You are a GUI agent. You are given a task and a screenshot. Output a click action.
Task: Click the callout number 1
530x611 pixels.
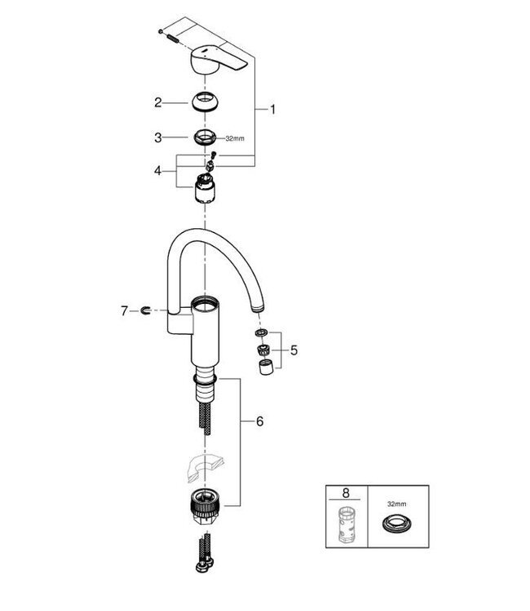pyautogui.click(x=274, y=108)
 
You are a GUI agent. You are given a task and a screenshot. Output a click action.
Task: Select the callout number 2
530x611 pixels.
pyautogui.click(x=160, y=103)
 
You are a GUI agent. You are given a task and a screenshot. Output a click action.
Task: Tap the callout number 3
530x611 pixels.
pyautogui.click(x=160, y=138)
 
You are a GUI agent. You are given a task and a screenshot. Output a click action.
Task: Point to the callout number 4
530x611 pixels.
pyautogui.click(x=160, y=171)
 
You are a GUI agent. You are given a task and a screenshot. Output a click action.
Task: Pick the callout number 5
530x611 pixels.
pyautogui.click(x=294, y=350)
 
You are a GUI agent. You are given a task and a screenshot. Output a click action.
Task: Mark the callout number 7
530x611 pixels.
pyautogui.click(x=125, y=310)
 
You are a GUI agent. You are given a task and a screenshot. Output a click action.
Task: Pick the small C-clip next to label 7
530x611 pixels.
pyautogui.click(x=144, y=310)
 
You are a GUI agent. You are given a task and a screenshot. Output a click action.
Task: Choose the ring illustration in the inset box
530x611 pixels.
pyautogui.click(x=395, y=525)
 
